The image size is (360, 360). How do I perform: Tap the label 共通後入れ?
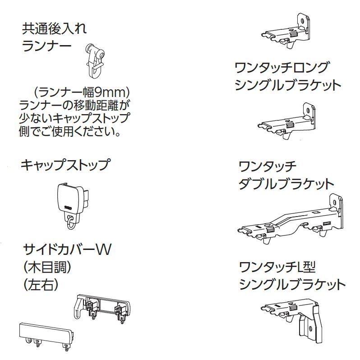pos(54,29)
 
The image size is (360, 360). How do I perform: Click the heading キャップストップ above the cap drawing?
pos(65,165)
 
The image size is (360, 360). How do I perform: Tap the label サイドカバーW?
pos(66,249)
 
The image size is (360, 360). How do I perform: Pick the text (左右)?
pos(42,285)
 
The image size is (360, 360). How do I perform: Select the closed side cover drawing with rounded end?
pos(45,334)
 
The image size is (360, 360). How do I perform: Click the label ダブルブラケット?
pos(286,184)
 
